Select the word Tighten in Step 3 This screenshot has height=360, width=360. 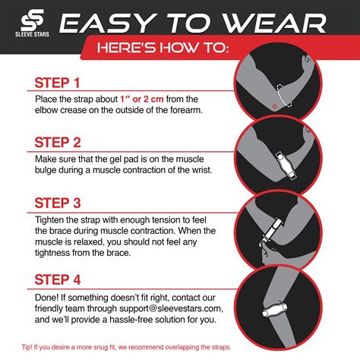pos(53,219)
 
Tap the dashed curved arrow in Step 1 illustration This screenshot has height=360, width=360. pos(284,95)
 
